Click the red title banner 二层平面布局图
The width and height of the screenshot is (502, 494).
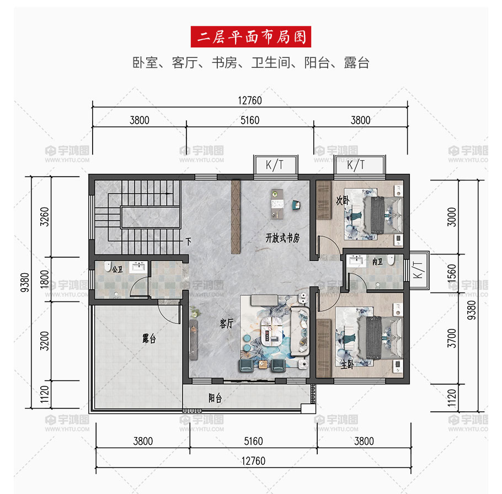pos(250,37)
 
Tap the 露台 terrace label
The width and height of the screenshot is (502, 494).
pos(149,338)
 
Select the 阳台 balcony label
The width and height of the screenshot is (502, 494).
pos(215,398)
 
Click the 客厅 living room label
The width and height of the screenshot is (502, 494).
pos(226,323)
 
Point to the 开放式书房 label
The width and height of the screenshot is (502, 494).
pos(282,238)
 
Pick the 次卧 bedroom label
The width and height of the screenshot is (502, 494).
pos(342,200)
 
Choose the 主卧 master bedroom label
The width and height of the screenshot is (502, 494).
pos(347,364)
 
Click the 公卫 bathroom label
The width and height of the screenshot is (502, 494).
pos(117,269)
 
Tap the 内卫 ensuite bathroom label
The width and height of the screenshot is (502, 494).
pos(377,262)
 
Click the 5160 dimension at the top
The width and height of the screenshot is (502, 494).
pos(250,120)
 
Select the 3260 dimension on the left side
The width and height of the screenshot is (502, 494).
pos(45,216)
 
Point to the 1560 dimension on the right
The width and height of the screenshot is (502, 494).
pos(451,273)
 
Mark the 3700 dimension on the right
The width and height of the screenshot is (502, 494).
pos(451,338)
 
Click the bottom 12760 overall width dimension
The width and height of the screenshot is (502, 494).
pos(253,461)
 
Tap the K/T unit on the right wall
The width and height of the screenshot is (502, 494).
pos(419,270)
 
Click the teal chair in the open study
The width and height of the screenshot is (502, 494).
pos(296,205)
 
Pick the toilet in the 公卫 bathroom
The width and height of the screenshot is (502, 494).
pos(108,266)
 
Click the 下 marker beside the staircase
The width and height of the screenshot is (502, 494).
pos(188,241)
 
